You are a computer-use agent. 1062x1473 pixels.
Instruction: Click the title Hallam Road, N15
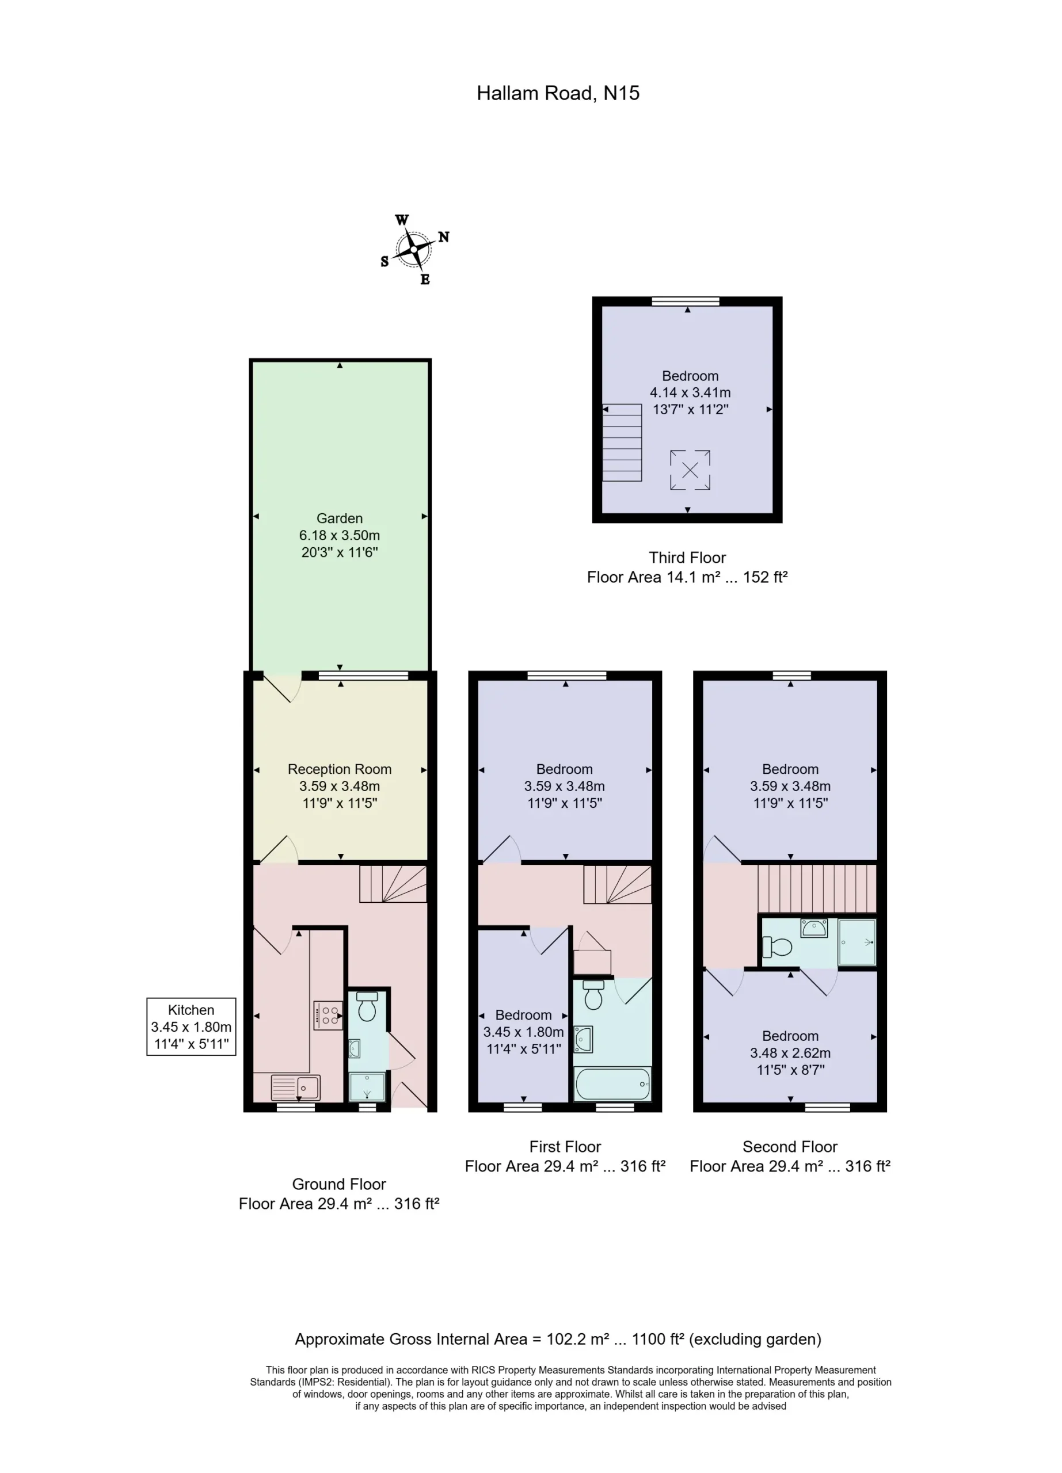558,94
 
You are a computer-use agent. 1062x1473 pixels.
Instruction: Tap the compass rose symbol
414,249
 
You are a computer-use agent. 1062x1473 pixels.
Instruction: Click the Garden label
339,518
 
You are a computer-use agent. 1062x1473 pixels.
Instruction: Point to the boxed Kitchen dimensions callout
191,1027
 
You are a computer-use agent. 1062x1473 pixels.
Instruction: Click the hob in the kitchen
328,1016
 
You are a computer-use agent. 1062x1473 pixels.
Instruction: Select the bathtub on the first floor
612,1084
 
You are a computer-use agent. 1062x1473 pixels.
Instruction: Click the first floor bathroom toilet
593,994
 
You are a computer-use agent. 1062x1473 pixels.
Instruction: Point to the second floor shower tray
857,942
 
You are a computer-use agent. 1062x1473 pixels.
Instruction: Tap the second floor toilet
777,947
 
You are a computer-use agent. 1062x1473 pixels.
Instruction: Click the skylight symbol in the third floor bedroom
690,470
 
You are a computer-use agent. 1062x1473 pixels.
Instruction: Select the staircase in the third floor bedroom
622,442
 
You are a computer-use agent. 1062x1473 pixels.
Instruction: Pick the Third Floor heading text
687,558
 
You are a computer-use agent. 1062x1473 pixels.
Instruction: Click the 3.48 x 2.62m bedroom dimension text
790,1053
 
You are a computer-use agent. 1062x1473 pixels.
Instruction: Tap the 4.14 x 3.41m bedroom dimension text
690,392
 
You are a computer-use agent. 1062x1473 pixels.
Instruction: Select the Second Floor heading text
790,1146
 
